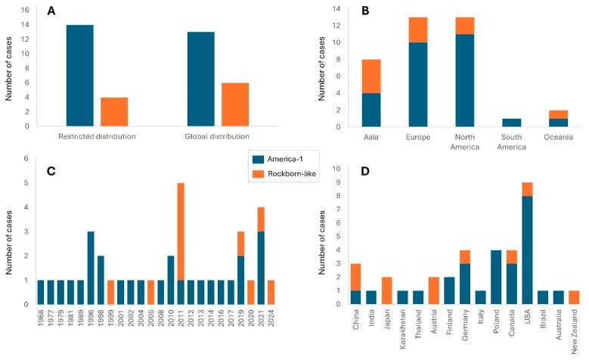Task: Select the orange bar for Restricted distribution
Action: [114, 111]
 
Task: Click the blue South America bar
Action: [513, 122]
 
